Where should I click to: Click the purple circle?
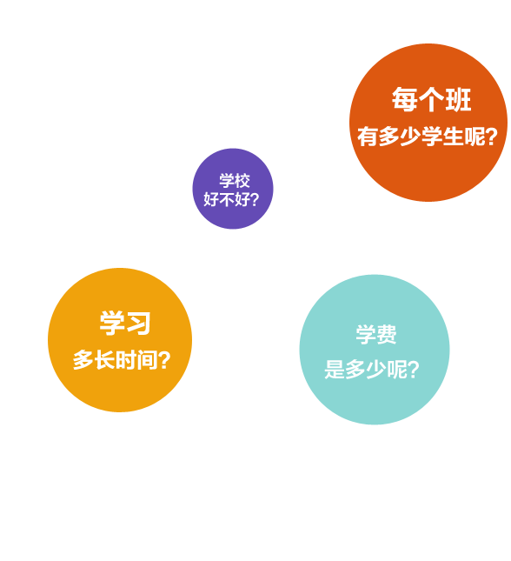click(x=232, y=189)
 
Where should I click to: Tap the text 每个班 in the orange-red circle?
click(x=431, y=100)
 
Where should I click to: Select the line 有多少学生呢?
click(x=428, y=137)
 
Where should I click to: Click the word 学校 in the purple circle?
click(x=235, y=181)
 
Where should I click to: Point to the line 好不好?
click(x=231, y=199)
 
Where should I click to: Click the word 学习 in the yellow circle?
click(x=125, y=323)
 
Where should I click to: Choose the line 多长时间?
click(x=122, y=360)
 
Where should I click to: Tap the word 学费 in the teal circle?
click(x=375, y=335)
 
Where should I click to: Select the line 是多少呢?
click(x=372, y=370)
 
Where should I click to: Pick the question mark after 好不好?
click(x=255, y=199)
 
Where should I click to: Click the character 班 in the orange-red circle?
click(x=458, y=100)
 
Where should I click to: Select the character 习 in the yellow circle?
click(x=138, y=323)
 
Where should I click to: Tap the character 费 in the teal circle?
click(x=387, y=335)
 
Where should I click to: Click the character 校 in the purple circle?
click(x=242, y=181)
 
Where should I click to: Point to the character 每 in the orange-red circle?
click(x=404, y=100)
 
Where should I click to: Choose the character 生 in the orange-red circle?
click(x=453, y=137)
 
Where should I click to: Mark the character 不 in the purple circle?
click(x=227, y=199)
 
